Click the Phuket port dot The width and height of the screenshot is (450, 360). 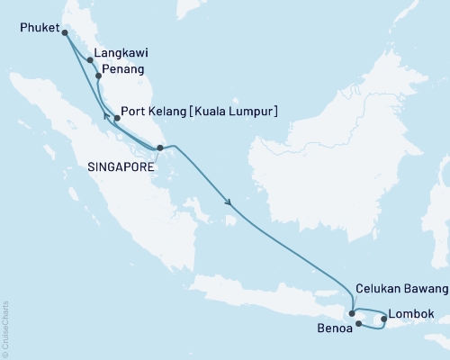point(64,32)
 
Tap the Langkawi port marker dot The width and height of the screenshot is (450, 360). point(89,62)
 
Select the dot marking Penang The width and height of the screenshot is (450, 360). point(98,77)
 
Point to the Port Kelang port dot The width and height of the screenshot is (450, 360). point(117,118)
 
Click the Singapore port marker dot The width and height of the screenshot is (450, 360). point(158,148)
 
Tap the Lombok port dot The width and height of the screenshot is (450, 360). point(384,319)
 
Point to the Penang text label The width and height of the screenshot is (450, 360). point(122,69)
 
